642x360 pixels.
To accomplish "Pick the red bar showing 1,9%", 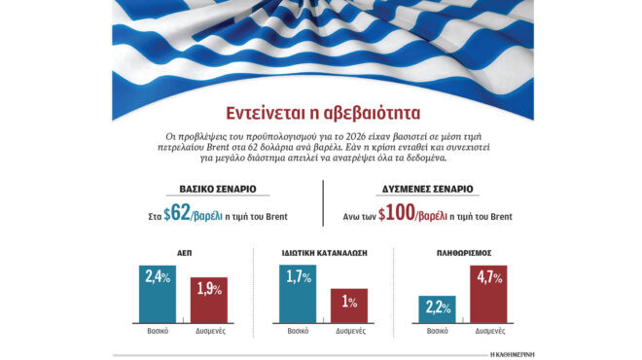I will tap(208, 304).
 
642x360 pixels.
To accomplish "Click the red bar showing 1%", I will tap(348, 306).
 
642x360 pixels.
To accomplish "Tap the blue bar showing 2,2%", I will tap(437, 309).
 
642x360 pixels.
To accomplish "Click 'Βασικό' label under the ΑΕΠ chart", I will tap(159, 331).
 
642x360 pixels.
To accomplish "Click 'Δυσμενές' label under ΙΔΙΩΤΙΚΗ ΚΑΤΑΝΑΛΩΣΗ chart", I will tap(349, 331).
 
